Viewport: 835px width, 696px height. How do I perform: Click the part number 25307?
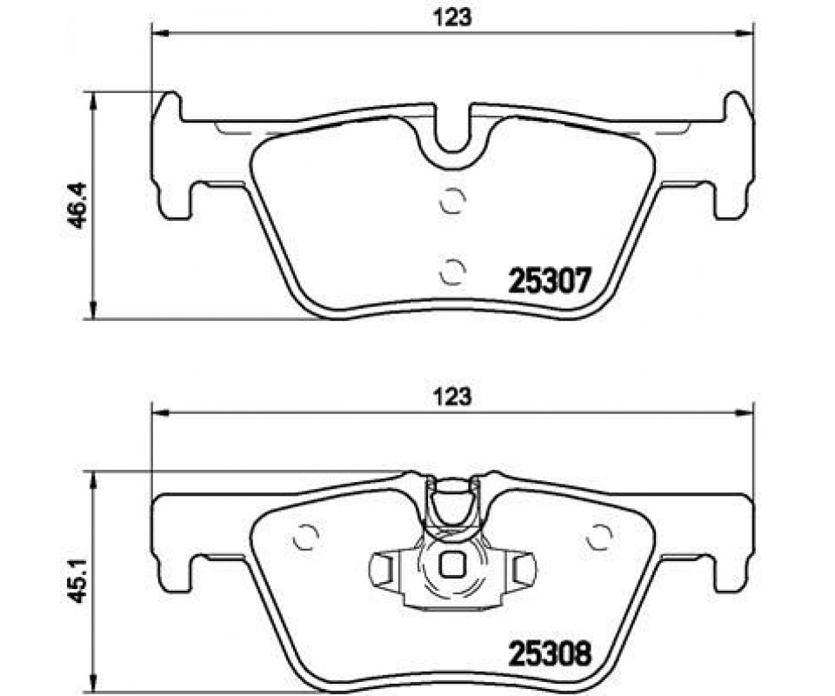[x=550, y=280]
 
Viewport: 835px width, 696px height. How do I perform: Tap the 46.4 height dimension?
[x=77, y=205]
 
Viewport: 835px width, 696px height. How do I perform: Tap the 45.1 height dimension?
[x=77, y=579]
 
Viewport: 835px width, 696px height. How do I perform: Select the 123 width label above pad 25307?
[x=452, y=17]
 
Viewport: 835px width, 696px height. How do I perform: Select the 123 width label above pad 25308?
[x=452, y=396]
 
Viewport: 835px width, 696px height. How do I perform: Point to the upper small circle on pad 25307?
[x=453, y=201]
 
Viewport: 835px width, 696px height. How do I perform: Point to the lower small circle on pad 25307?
[x=453, y=271]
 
